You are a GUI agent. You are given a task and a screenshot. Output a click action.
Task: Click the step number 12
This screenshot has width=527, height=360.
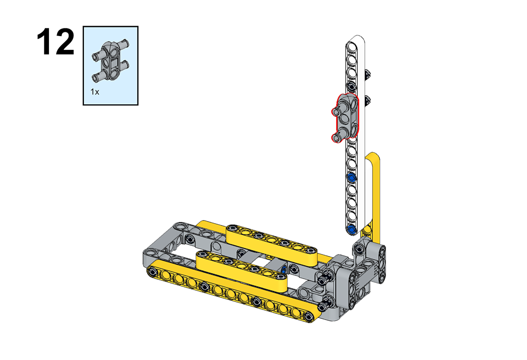tap(56, 42)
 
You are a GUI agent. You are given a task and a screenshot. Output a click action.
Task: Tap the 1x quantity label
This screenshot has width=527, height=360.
tap(95, 92)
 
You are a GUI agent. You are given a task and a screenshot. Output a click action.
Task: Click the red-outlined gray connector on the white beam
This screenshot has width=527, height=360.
tap(345, 118)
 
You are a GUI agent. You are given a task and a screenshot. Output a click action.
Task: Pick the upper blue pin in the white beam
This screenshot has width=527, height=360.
tap(352, 177)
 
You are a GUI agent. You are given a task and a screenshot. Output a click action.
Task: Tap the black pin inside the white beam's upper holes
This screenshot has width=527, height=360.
tap(352, 85)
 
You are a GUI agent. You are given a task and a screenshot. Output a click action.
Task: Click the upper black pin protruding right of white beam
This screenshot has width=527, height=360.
tap(368, 74)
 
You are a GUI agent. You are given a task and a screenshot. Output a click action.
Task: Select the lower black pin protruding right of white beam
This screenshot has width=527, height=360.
tap(368, 100)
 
